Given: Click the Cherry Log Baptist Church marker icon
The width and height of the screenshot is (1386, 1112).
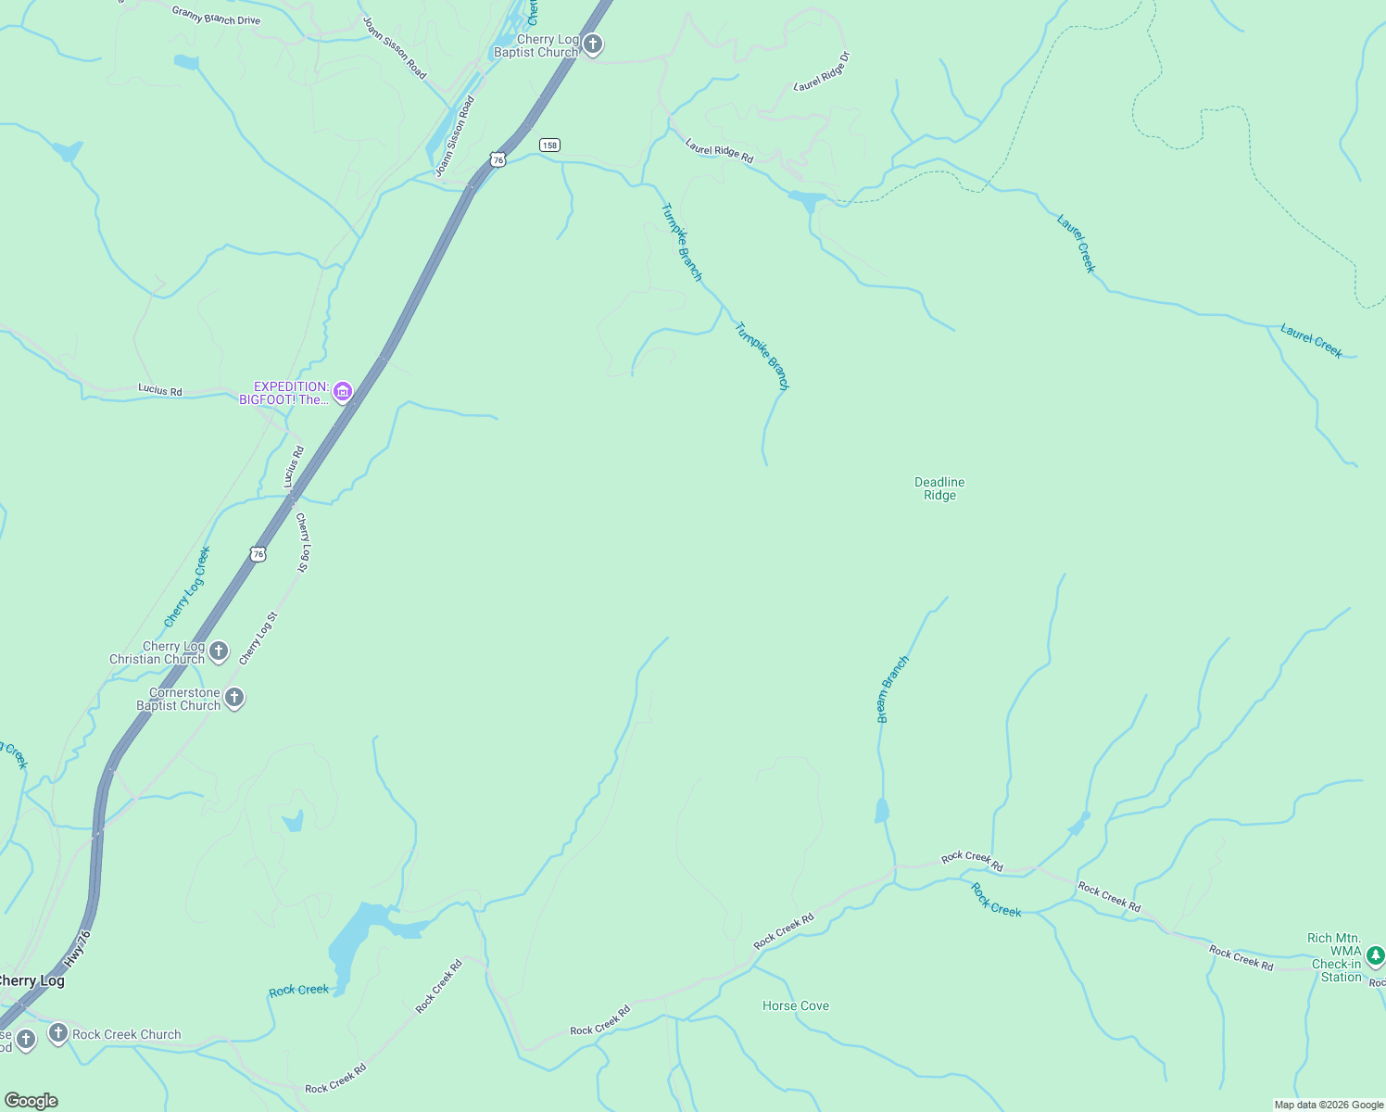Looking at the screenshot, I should tap(593, 44).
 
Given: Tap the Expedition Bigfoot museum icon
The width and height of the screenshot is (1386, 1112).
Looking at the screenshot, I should tap(343, 392).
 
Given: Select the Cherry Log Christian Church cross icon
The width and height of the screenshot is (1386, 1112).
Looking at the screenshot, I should tap(219, 651).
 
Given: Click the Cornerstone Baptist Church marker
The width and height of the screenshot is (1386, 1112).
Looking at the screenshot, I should tap(234, 698).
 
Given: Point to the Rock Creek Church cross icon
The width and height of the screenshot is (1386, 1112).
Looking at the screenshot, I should tap(57, 1033).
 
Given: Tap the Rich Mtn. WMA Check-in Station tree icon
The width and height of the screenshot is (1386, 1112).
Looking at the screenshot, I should tap(1376, 954).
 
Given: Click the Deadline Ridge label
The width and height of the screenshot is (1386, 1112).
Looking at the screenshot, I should tap(939, 488).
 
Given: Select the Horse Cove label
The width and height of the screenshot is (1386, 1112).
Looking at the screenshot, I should tap(795, 1005).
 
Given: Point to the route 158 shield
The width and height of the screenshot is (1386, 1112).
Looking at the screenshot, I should tap(550, 145).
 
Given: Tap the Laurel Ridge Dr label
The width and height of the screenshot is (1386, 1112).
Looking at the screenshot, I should tap(822, 71).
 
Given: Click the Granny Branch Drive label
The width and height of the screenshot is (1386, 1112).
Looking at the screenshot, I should tap(216, 15).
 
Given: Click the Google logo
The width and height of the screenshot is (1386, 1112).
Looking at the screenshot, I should tap(31, 1101).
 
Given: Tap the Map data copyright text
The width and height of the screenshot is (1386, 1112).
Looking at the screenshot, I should tap(1329, 1105).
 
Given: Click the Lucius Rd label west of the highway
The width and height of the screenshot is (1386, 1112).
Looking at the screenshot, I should tap(160, 390).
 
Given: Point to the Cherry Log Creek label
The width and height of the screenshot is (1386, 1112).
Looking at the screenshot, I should tap(187, 588).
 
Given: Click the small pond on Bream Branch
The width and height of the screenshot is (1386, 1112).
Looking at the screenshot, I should tap(881, 811).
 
